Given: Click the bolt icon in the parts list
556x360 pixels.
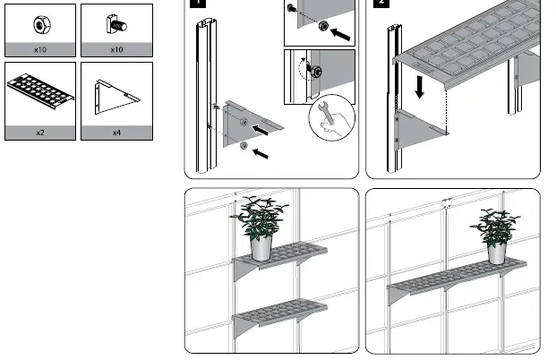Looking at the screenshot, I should coord(115,21).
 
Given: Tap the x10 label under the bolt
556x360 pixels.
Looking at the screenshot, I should coord(115,50).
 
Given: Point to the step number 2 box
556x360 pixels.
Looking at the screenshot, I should coord(381,3).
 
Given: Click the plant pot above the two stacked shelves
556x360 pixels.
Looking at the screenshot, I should coord(261,247).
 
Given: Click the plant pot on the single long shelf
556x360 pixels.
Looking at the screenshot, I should coord(497,251).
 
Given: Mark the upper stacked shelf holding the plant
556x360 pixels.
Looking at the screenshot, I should coord(282,262).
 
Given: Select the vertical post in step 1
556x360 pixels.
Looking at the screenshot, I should coord(202,99).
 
